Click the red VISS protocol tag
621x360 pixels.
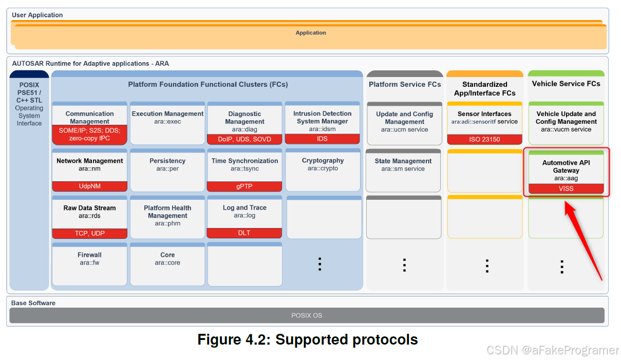(566, 188)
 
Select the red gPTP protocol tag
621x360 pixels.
(244, 186)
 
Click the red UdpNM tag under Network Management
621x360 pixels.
(89, 186)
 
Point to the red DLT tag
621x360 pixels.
(244, 233)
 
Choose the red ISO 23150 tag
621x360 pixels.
(484, 139)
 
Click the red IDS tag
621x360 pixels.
(322, 139)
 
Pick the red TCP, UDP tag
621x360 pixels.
(89, 233)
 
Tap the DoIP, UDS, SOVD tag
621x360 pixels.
(244, 139)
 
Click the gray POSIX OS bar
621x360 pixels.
(307, 315)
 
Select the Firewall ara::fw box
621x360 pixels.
(89, 264)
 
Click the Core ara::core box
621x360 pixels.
(167, 264)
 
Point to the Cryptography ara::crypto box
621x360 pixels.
(323, 170)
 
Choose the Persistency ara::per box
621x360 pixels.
(167, 170)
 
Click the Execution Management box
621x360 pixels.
(167, 123)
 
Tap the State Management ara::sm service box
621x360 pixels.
(403, 170)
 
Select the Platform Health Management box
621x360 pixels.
(167, 217)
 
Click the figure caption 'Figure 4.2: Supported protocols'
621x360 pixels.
(307, 339)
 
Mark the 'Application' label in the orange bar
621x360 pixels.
(311, 33)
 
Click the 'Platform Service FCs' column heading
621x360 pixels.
(405, 84)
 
